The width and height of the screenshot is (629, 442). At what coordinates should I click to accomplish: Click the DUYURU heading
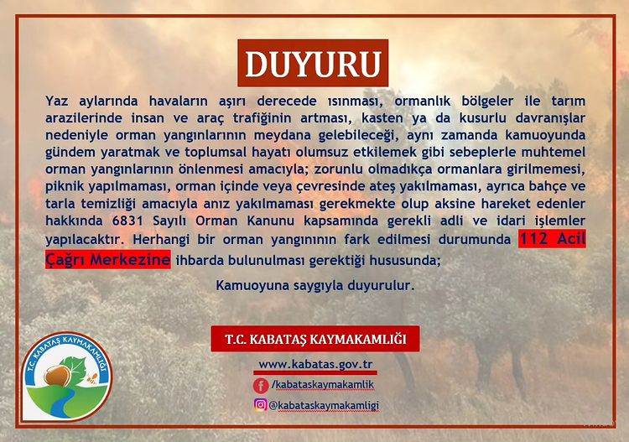[x=313, y=63]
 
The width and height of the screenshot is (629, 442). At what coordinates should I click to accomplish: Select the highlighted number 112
[x=533, y=239]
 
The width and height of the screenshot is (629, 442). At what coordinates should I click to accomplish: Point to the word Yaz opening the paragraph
[x=56, y=101]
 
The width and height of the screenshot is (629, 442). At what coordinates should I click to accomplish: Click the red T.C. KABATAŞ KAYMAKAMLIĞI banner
[x=315, y=339]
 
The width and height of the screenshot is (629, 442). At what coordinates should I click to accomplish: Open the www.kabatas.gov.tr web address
[x=315, y=365]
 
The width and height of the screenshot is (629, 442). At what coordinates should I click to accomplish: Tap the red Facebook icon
[x=261, y=386]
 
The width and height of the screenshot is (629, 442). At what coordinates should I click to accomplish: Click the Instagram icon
[x=260, y=405]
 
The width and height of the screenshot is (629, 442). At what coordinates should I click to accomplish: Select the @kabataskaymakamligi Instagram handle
[x=324, y=405]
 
